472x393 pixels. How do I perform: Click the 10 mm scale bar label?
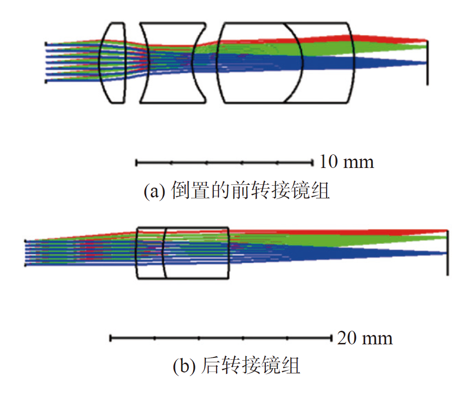click(x=346, y=162)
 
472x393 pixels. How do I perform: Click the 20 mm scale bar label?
click(x=365, y=338)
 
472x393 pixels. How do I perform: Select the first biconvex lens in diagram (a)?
click(x=112, y=63)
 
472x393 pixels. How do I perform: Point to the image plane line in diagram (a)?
click(x=427, y=63)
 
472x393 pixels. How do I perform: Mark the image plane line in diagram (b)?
click(x=448, y=253)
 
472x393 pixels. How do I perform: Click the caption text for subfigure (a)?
click(x=237, y=190)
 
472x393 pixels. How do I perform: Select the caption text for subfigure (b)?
click(x=237, y=365)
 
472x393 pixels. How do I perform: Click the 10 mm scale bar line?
click(x=225, y=163)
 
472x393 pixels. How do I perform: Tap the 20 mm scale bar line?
click(x=221, y=338)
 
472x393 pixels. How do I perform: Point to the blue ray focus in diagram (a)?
click(x=426, y=63)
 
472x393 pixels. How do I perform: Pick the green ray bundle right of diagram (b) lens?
click(x=337, y=241)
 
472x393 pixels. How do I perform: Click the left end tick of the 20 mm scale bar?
click(x=111, y=338)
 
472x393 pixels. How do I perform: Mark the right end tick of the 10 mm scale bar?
click(x=313, y=163)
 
